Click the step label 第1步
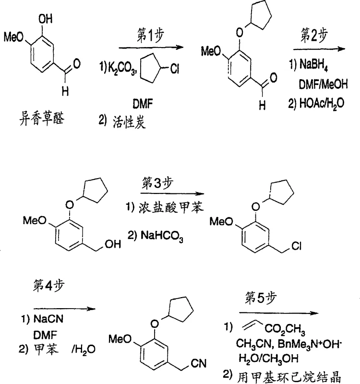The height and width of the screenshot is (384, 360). [149, 36]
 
